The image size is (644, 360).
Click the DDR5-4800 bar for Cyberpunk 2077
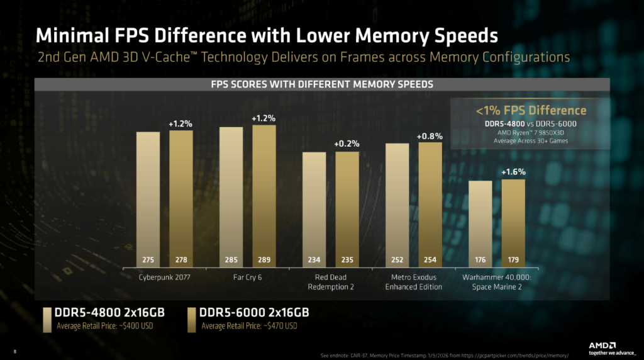click(148, 198)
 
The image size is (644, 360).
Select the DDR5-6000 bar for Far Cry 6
click(264, 195)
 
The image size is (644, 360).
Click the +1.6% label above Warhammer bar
click(513, 171)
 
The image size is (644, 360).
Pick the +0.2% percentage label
click(347, 143)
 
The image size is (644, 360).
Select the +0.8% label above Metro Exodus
click(430, 135)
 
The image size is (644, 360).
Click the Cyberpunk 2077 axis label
click(164, 277)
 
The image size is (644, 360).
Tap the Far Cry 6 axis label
click(247, 277)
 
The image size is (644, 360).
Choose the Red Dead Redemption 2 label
click(330, 282)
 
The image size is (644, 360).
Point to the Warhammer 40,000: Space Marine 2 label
click(497, 282)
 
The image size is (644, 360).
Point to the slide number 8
click(14, 351)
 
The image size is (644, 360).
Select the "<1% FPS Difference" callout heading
click(531, 111)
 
